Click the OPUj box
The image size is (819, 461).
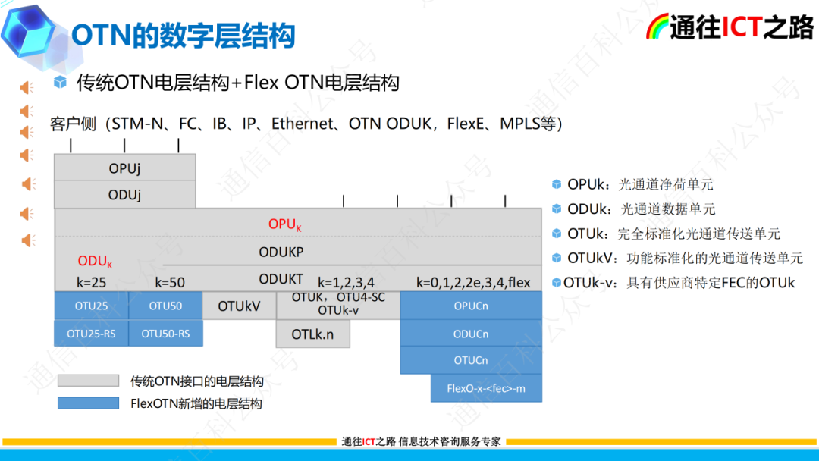124,168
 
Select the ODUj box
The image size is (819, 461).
124,195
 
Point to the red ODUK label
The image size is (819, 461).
95,262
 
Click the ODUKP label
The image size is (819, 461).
281,252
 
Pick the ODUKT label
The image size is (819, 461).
281,279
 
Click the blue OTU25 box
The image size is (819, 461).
91,306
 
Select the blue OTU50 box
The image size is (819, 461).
165,306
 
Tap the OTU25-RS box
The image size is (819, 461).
91,334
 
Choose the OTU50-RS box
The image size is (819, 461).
165,334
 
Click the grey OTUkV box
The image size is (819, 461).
239,306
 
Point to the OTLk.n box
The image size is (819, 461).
312,334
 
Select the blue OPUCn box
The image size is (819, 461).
471,306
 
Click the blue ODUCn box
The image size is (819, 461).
471,334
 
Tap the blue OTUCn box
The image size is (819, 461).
471,360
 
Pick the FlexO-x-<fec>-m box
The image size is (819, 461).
486,388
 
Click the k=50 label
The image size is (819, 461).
170,283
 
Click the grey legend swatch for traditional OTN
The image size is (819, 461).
88,381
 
